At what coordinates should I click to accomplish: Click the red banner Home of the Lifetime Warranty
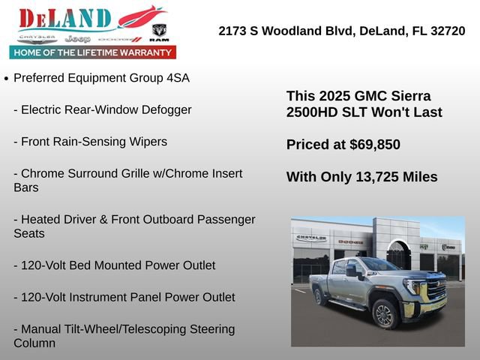coord(93,52)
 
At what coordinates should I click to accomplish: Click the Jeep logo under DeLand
coord(76,38)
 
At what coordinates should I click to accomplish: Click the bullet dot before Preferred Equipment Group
coord(6,78)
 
